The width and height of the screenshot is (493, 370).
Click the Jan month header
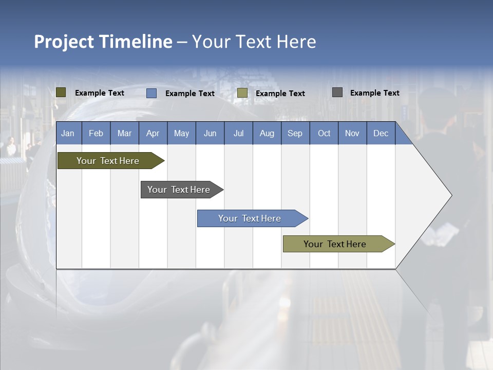pos(68,133)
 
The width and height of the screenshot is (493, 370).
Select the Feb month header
pos(96,133)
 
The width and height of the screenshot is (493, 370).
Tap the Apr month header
pos(153,133)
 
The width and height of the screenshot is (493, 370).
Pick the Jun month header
pos(210,133)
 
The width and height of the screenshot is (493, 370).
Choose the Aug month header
pos(267,133)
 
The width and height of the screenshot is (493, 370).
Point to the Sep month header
pos(295,133)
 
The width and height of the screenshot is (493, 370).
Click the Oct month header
pos(324,133)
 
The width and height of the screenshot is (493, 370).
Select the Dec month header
pos(381,133)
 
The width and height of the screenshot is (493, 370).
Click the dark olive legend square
pos(61,92)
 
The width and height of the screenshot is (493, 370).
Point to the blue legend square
pos(151,93)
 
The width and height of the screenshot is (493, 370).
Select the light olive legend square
pos(242,93)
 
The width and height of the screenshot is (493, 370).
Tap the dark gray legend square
pos(337,92)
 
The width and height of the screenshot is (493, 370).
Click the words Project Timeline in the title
pos(103,42)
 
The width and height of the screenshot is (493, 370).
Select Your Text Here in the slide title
pos(254,42)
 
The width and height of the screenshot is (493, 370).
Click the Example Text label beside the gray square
pos(374,93)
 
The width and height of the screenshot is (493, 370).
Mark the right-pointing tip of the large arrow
pos(450,195)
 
